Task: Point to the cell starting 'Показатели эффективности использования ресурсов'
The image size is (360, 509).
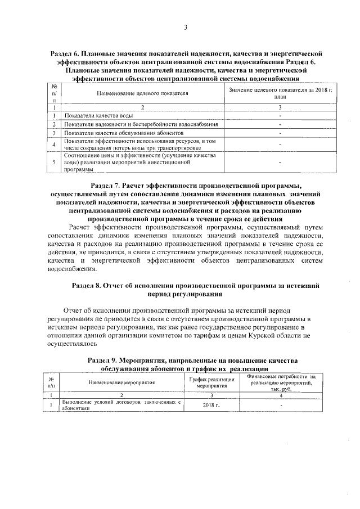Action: click(x=141, y=144)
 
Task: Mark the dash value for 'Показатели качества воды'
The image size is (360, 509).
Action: click(x=280, y=115)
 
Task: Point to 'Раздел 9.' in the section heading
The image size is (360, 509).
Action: click(x=103, y=359)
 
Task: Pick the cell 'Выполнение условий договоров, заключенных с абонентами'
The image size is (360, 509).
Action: click(x=121, y=405)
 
